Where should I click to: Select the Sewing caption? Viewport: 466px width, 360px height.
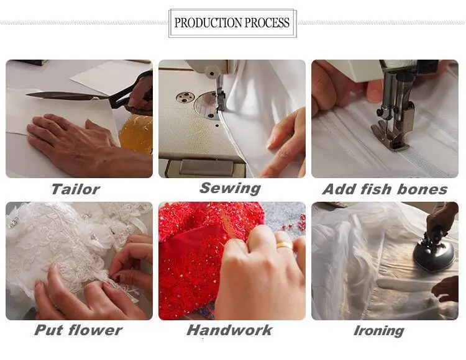(x=231, y=188)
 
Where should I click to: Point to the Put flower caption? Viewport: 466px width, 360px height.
(x=78, y=330)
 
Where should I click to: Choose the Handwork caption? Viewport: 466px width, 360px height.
(x=229, y=330)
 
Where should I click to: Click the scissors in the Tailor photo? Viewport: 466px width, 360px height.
(x=93, y=96)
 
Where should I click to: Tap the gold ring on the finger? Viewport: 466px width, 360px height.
(x=285, y=245)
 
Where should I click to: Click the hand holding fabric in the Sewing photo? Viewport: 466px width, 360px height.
(x=286, y=137)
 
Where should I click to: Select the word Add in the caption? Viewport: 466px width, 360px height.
(x=339, y=189)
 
